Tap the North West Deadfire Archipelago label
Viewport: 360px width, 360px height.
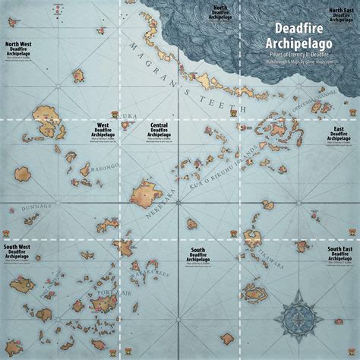pyautogui.click(x=18, y=49)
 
